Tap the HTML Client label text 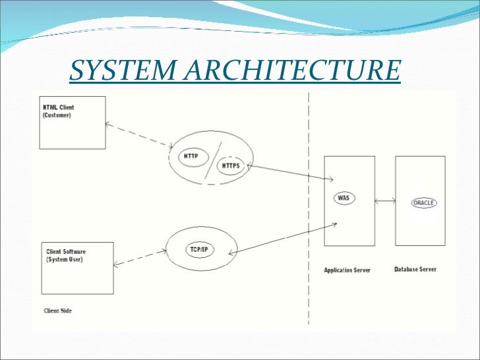coord(59,107)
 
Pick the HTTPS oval coord(231,165)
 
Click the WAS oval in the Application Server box coord(343,197)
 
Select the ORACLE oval coord(423,202)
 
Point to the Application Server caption coord(347,270)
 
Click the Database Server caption coord(415,269)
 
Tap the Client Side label coord(57,310)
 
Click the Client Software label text coord(66,252)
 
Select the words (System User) coord(65,259)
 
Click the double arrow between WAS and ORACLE coord(385,201)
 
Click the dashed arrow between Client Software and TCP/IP coord(139,258)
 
